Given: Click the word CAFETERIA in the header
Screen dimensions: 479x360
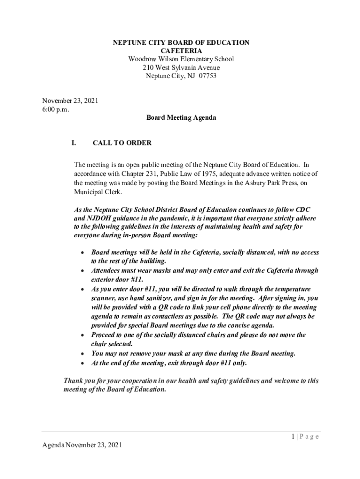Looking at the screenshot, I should [x=181, y=51].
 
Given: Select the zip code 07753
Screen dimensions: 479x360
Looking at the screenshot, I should [x=207, y=76].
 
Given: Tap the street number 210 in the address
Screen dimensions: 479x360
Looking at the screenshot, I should [x=148, y=67].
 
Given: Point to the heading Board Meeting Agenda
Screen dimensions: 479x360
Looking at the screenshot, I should [x=181, y=118].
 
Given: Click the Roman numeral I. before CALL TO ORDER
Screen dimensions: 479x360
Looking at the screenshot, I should [x=74, y=143].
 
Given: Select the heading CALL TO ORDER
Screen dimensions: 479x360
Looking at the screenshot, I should [x=122, y=143].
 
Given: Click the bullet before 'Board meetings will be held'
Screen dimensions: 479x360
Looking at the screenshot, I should [x=82, y=253].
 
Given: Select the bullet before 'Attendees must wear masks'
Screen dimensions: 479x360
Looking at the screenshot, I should [x=82, y=271].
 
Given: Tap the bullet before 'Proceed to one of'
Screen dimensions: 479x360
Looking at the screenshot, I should [x=82, y=335].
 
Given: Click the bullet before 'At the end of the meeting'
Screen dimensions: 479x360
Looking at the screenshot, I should [x=82, y=363].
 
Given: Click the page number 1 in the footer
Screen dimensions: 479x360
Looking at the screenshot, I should [x=292, y=436].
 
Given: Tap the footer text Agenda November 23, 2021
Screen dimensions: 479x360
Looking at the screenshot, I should [x=82, y=445].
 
